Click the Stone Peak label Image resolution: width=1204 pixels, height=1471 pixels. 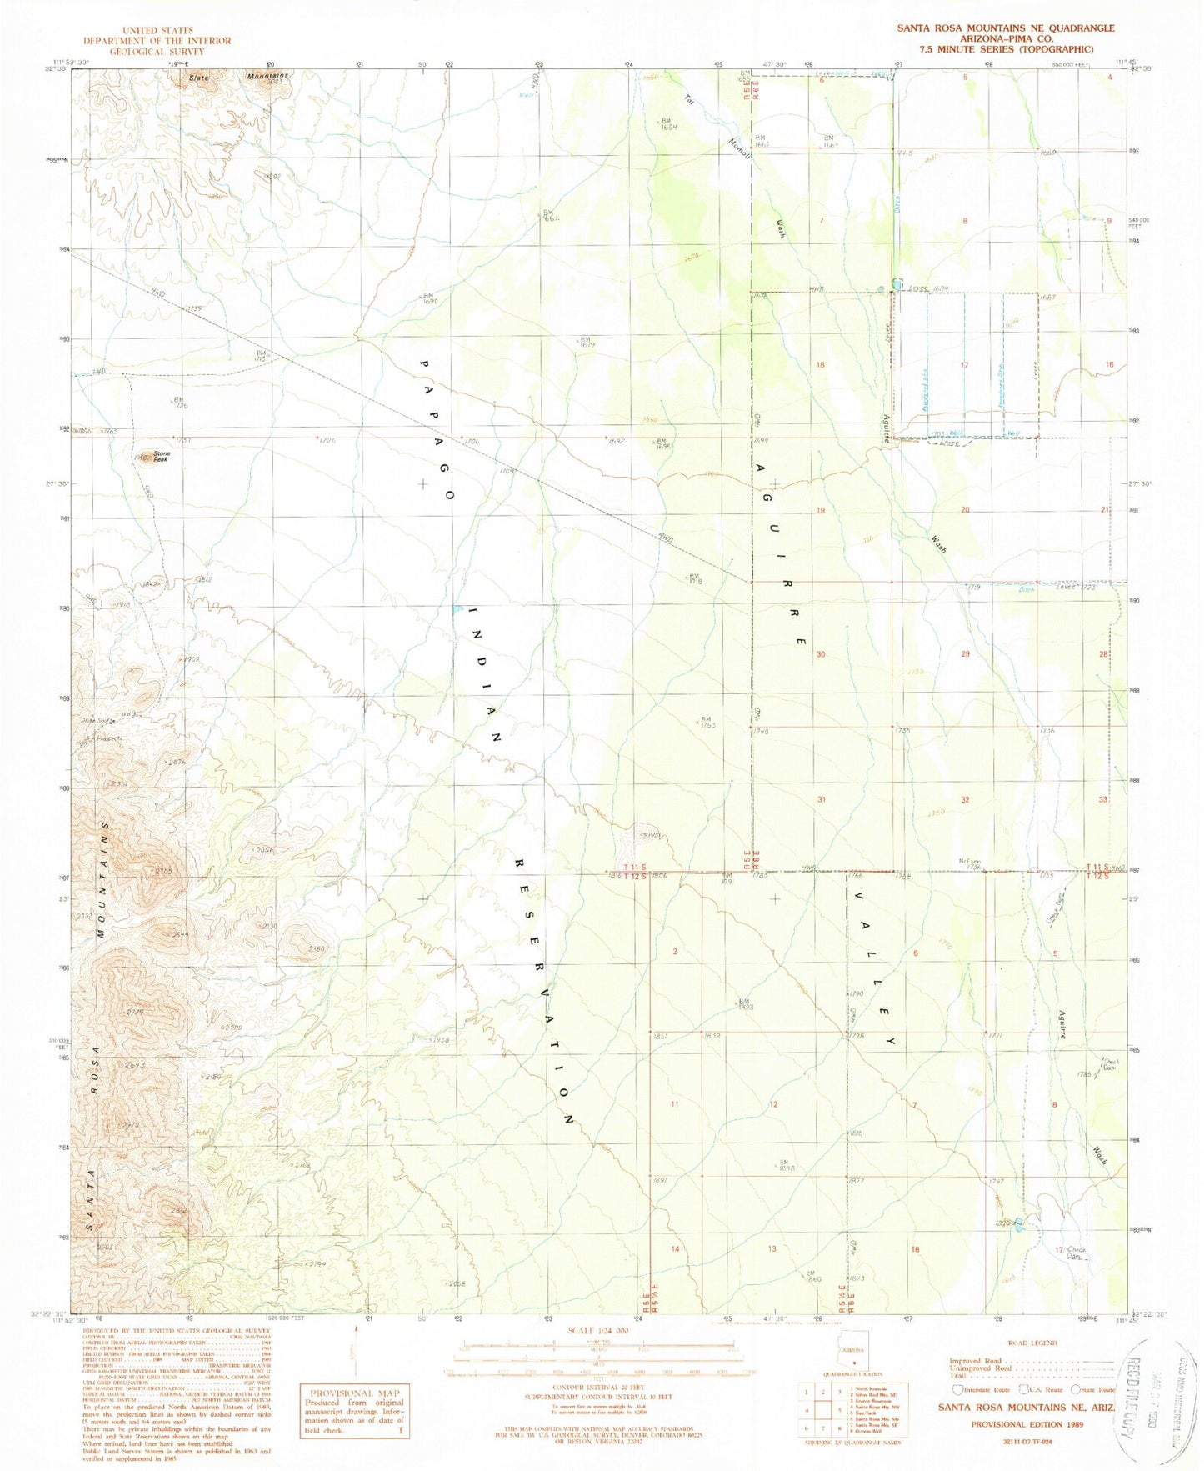point(161,456)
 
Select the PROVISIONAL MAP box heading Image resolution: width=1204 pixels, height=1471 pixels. point(355,1392)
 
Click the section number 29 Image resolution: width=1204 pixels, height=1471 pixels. point(965,654)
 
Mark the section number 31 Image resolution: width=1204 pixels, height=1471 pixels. point(821,799)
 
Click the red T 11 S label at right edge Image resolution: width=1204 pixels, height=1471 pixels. point(1099,868)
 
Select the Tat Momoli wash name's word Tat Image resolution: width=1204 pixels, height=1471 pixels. point(688,99)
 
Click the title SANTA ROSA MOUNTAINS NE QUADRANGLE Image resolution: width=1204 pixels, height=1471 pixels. point(1005,28)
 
